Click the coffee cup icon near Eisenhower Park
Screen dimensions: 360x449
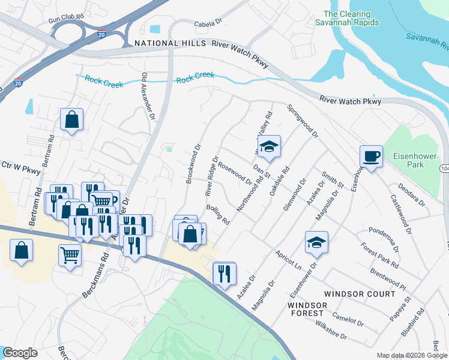pos(370,157)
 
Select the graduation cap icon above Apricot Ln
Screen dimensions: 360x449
pos(316,242)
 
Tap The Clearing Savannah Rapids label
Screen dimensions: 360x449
pos(351,18)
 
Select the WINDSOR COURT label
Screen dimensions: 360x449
pos(360,294)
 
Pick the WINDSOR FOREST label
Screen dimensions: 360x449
pos(307,310)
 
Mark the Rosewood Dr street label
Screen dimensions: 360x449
pos(235,173)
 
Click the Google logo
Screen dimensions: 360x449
pos(20,353)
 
